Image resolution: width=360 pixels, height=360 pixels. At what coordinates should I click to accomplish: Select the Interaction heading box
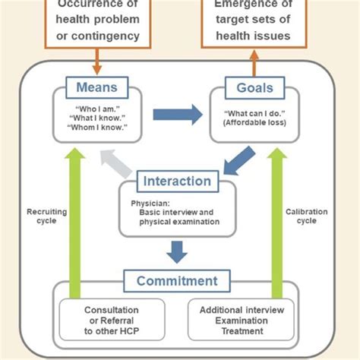[178, 182]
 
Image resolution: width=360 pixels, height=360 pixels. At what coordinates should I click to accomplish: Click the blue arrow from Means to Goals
[178, 115]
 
